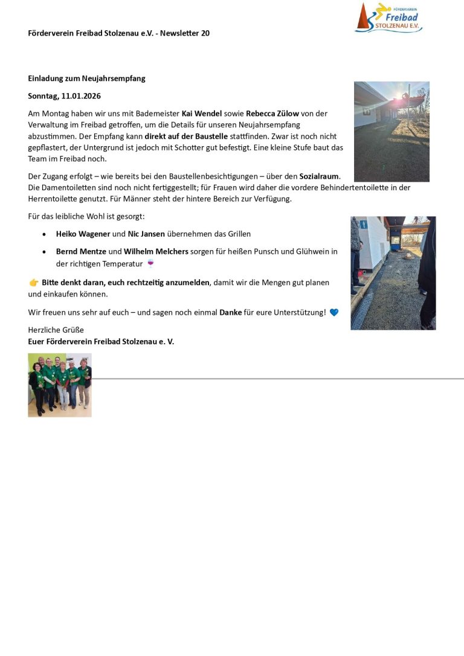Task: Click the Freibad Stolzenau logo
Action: [x=388, y=18]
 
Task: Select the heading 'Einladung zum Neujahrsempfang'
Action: [x=86, y=79]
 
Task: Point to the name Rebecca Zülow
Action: [x=272, y=114]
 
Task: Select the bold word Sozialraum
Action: [x=319, y=176]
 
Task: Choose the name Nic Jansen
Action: [x=146, y=234]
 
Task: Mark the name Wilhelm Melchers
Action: [x=156, y=251]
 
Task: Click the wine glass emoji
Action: [x=150, y=263]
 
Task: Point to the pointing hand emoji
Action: [x=34, y=283]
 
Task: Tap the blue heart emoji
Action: [x=334, y=312]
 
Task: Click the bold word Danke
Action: [x=231, y=312]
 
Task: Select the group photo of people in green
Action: [x=60, y=385]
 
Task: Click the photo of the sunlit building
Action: [x=391, y=132]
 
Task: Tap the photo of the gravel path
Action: [x=393, y=273]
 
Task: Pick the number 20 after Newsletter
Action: [x=205, y=33]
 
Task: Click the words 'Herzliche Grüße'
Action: [x=56, y=330]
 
